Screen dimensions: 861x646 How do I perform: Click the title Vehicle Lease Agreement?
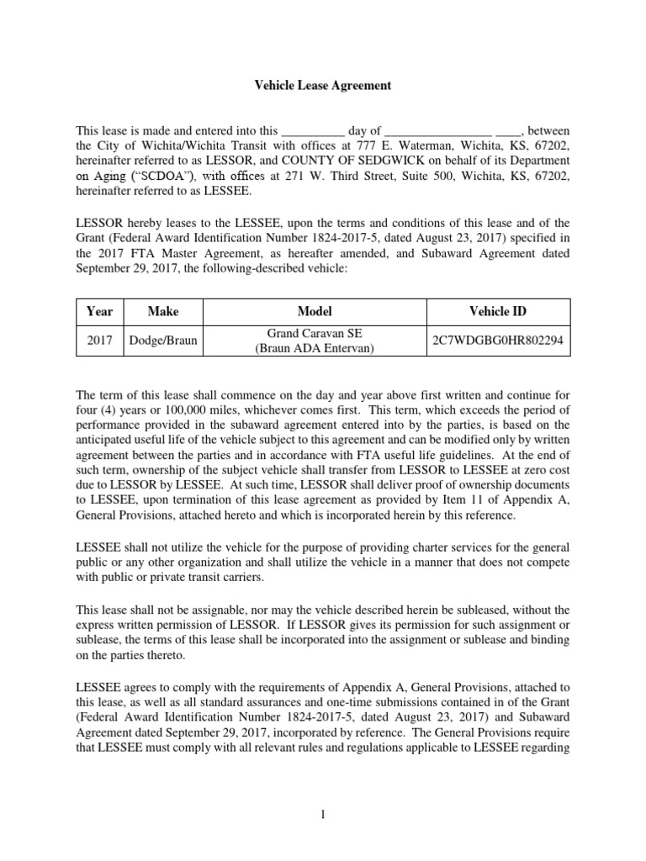[x=323, y=85]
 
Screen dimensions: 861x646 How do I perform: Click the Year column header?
[x=99, y=311]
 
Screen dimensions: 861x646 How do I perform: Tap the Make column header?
[x=163, y=311]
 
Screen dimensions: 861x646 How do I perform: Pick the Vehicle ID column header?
[x=498, y=311]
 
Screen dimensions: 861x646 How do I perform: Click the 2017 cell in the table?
[x=99, y=341]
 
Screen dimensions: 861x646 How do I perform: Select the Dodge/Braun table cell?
[x=163, y=341]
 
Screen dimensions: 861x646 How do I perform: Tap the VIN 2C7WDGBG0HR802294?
[x=498, y=341]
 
